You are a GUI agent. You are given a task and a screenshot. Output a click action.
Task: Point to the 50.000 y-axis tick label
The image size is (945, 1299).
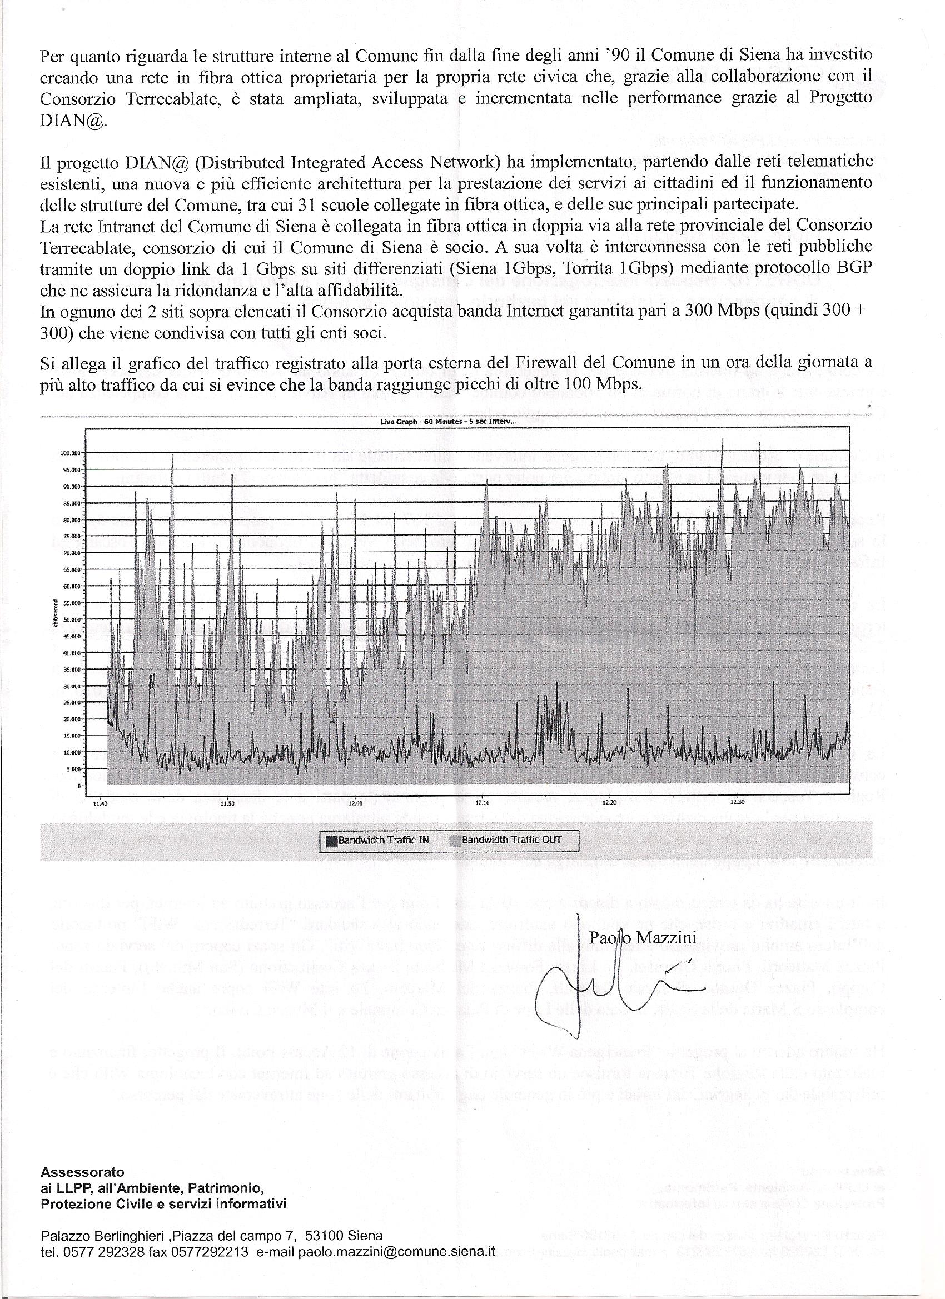tap(71, 619)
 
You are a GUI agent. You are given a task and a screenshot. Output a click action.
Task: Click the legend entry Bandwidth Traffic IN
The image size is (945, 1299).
tap(377, 840)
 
